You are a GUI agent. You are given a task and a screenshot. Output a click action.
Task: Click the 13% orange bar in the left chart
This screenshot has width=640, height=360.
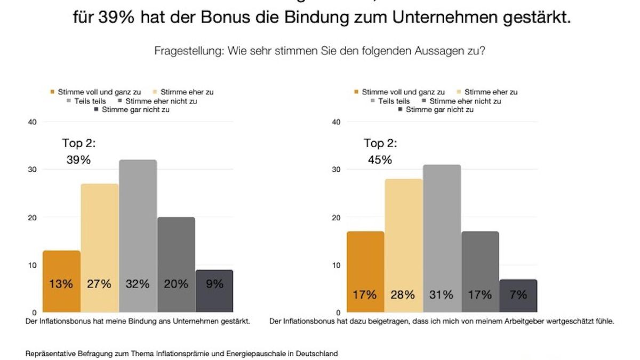pyautogui.click(x=61, y=282)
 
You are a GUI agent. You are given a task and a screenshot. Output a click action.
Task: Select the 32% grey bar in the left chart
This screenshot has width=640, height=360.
pyautogui.click(x=138, y=236)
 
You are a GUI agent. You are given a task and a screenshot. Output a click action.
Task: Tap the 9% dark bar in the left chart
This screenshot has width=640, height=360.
pyautogui.click(x=214, y=291)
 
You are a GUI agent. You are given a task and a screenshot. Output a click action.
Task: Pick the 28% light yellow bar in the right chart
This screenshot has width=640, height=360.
pyautogui.click(x=404, y=245)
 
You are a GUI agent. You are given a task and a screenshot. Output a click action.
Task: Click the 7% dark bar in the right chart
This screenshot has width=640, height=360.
pyautogui.click(x=518, y=295)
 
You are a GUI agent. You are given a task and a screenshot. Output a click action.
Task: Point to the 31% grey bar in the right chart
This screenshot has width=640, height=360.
pyautogui.click(x=442, y=238)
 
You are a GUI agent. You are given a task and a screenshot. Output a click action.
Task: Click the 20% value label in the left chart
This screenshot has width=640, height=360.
pyautogui.click(x=176, y=284)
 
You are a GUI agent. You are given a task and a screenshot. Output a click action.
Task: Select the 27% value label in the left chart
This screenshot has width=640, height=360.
pyautogui.click(x=99, y=284)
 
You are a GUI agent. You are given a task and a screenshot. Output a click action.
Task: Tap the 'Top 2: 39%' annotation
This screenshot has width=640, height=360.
pyautogui.click(x=79, y=151)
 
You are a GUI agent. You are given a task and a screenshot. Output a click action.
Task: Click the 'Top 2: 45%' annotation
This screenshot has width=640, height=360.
pyautogui.click(x=380, y=151)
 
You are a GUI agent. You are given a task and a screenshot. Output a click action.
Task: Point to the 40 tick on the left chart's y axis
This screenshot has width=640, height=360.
pyautogui.click(x=32, y=122)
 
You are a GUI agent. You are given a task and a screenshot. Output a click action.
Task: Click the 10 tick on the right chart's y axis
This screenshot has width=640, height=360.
pyautogui.click(x=336, y=265)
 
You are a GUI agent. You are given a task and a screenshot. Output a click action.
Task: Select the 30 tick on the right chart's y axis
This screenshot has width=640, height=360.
pyautogui.click(x=336, y=170)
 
